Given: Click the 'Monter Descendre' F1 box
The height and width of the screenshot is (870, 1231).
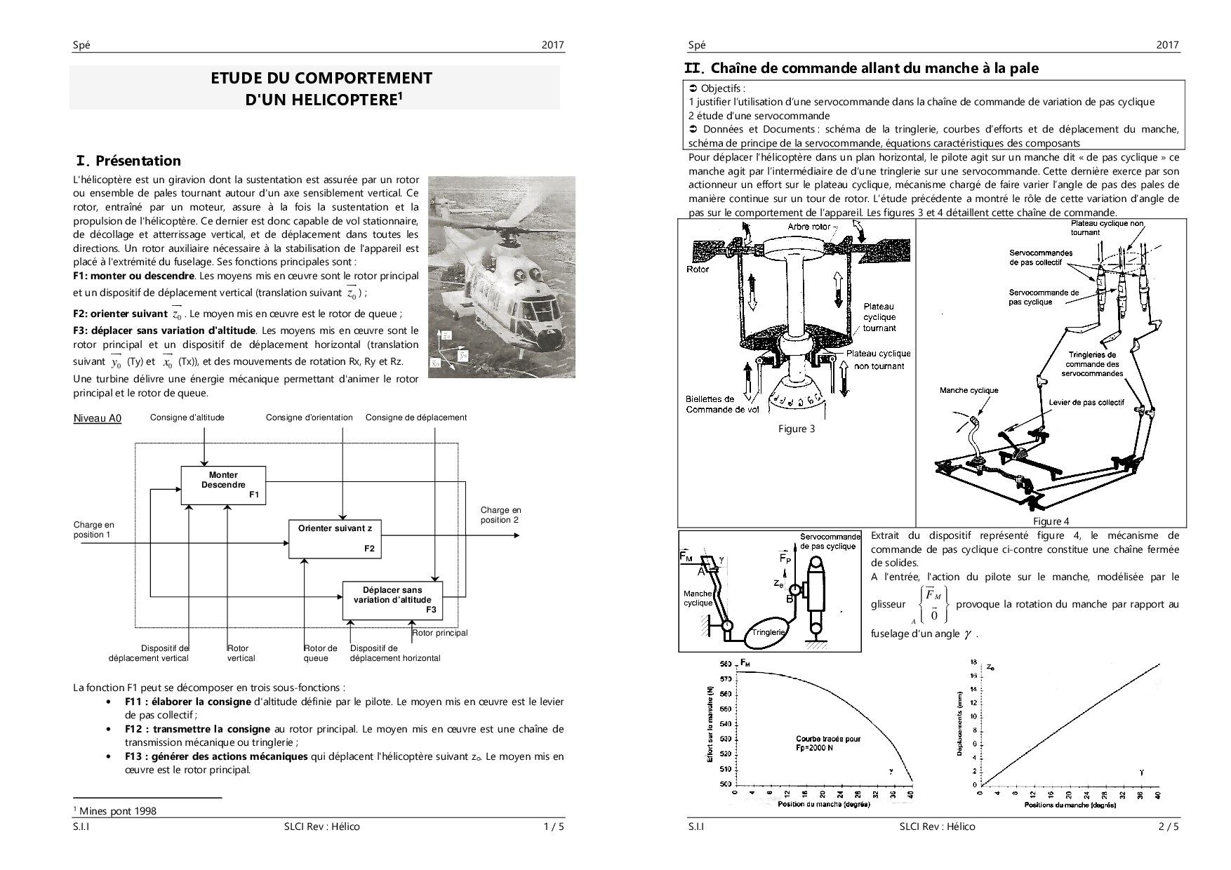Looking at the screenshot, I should point(223,485).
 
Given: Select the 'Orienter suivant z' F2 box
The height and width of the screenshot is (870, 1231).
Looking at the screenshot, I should point(335,538).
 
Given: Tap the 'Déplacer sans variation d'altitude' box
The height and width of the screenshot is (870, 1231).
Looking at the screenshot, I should point(392,600).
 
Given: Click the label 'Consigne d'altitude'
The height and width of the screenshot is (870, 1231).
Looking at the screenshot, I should point(187,417).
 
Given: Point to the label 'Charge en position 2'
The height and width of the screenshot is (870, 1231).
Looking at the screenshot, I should point(500,515).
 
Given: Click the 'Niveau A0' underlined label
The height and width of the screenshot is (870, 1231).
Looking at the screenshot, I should point(98,419).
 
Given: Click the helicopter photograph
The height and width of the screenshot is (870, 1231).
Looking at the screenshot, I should point(501,276).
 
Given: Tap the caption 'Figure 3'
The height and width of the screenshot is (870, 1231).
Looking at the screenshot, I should point(796,429).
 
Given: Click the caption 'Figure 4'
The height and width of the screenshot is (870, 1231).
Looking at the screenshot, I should point(1051,521).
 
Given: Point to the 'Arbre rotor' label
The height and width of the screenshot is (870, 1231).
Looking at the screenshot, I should point(809,227).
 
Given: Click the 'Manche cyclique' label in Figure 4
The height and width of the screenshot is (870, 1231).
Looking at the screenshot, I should point(969,390).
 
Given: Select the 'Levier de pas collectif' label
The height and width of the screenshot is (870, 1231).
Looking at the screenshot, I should point(1086,403).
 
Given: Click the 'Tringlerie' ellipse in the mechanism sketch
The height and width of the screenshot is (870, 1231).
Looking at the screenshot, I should point(768,632).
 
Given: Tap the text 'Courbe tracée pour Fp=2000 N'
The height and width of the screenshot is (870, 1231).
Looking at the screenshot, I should point(827,743).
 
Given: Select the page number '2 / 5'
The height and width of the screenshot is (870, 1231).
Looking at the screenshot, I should point(1169,826).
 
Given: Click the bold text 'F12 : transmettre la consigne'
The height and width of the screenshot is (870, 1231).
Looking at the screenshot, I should point(199,729).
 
